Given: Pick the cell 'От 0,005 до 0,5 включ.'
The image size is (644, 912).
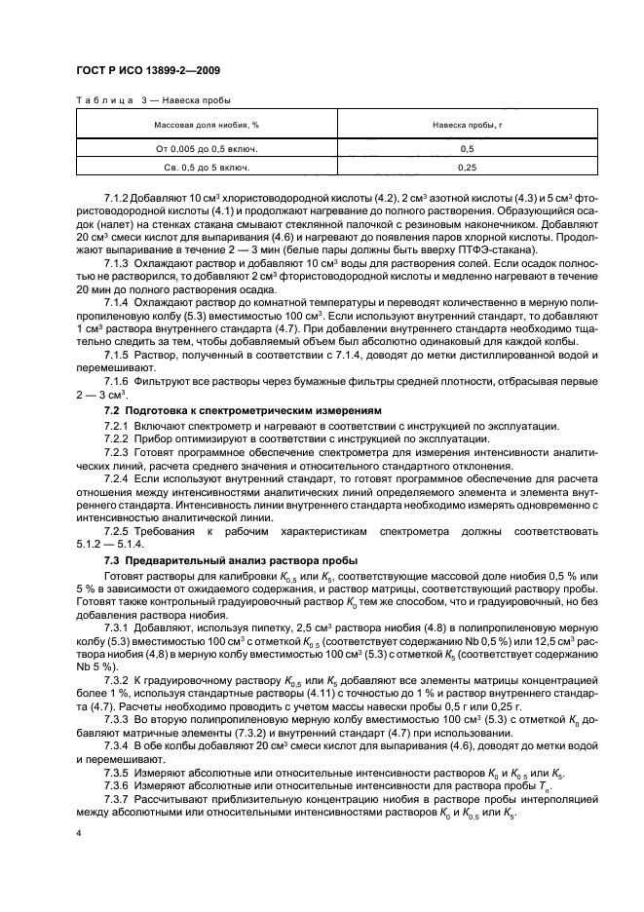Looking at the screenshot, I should [206, 149].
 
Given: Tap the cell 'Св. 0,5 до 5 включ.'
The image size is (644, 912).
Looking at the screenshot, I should [206, 168].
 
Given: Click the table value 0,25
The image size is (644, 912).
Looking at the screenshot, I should [467, 168].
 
